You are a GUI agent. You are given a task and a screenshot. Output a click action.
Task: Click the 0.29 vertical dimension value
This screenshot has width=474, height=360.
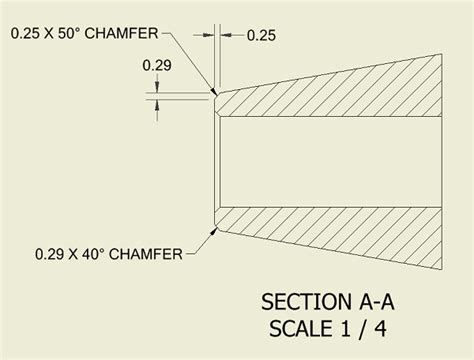tap(156, 65)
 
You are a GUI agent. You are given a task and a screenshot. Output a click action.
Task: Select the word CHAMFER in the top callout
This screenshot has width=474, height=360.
tap(125, 33)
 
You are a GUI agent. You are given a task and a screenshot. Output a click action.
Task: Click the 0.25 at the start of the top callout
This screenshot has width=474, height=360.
tap(29, 33)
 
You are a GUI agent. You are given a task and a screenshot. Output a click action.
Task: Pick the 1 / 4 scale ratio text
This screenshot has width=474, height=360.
tap(362, 327)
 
